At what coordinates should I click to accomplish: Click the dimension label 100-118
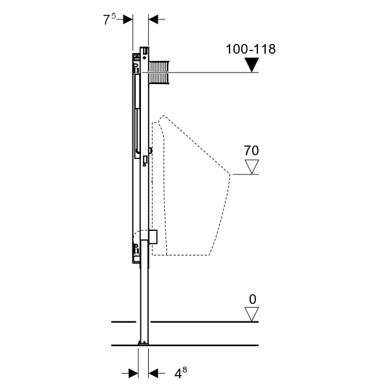[x=250, y=49]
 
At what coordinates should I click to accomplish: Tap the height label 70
[x=252, y=151]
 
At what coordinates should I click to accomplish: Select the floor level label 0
[x=252, y=299]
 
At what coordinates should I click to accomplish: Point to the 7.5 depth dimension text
[x=109, y=19]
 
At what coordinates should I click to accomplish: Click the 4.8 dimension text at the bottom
[x=180, y=373]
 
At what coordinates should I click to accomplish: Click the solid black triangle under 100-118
[x=252, y=65]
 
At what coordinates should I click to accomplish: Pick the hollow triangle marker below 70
[x=252, y=167]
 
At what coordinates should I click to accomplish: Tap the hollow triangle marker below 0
[x=252, y=314]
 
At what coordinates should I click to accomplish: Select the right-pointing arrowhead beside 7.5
[x=128, y=19]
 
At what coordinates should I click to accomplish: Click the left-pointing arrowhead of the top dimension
[x=153, y=19]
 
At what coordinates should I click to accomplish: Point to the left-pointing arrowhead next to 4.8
[x=153, y=373]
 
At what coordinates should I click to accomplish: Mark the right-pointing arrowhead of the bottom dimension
[x=133, y=373]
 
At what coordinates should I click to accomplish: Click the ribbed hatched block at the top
[x=159, y=72]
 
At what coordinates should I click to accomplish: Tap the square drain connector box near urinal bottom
[x=153, y=237]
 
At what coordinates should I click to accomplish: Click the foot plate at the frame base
[x=144, y=343]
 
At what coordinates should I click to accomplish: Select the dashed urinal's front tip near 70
[x=230, y=174]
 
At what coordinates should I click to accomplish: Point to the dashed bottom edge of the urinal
[x=180, y=255]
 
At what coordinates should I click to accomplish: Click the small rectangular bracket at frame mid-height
[x=145, y=160]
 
